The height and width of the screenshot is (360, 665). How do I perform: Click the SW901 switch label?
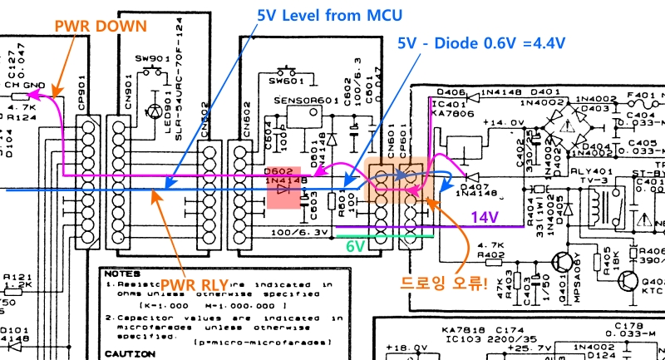pos(151,60)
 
